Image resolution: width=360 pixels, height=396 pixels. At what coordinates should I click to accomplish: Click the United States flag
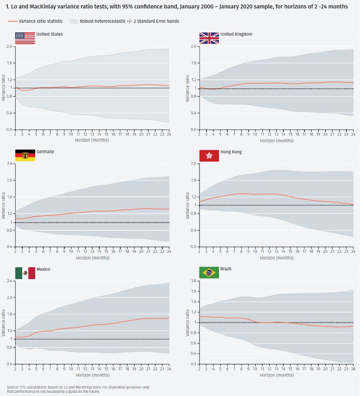pos(25,38)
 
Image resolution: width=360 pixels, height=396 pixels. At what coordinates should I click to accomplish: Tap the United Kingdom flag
pos(209,38)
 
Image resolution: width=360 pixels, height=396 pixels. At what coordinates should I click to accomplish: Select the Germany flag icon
pos(25,156)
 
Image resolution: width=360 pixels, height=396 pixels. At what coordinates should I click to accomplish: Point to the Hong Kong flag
pos(209,156)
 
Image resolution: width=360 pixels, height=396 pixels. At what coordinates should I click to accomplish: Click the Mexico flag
pos(25,273)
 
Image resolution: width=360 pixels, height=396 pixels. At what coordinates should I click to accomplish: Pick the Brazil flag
pos(209,273)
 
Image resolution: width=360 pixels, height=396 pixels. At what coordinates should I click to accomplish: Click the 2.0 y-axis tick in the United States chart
pos(10,46)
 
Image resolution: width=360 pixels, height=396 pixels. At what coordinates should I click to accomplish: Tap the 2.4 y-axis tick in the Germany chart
pos(10,164)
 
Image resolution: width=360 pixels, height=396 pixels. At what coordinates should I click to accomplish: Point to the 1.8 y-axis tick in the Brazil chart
pos(193,281)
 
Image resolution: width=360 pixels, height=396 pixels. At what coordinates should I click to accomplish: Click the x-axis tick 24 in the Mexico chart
pos(169,368)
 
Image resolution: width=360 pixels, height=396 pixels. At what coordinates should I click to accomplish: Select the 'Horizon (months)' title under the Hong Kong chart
pos(276,258)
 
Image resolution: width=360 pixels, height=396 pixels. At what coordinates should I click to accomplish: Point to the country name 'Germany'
pos(45,152)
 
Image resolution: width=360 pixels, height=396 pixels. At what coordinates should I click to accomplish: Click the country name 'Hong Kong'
pos(231,152)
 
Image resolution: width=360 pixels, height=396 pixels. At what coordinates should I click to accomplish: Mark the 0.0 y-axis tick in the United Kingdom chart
pos(193,130)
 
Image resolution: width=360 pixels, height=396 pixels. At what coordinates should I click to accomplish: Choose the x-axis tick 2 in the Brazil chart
pos(199,368)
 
